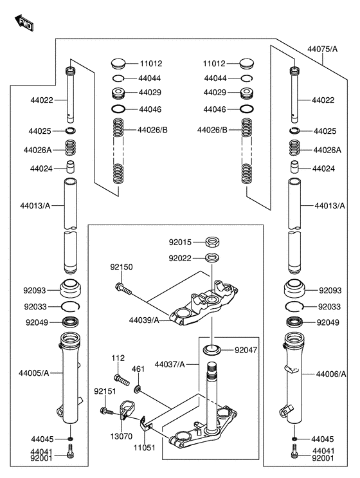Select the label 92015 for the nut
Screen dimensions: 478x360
[x=181, y=243]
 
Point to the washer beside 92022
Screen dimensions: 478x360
[x=211, y=258]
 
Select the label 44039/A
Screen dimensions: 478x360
[x=144, y=320]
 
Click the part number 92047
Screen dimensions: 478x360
[x=246, y=351]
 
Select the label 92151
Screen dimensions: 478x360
[x=104, y=391]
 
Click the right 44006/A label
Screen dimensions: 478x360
[x=330, y=373]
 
